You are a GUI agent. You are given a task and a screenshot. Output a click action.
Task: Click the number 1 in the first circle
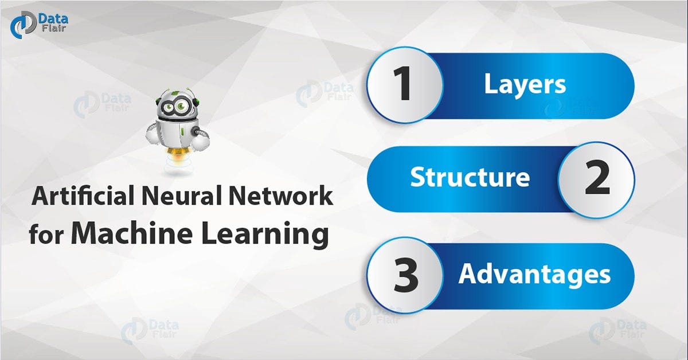[404, 85]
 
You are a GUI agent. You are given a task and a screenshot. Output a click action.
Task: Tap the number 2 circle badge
[596, 179]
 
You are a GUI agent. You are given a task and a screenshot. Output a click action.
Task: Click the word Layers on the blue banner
[525, 85]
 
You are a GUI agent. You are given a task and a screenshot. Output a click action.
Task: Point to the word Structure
[470, 178]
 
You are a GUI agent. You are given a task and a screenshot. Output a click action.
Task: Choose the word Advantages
[534, 275]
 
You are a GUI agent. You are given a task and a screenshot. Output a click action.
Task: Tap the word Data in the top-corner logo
[54, 19]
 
